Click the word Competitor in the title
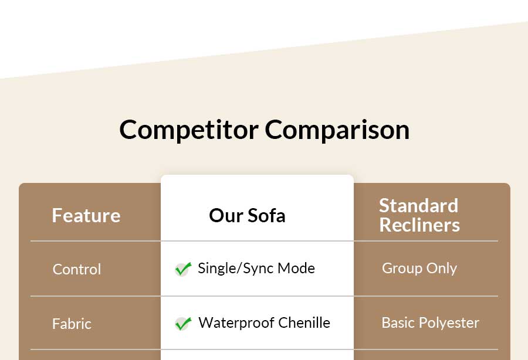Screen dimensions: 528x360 click(189, 130)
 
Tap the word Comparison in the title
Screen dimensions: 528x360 click(337, 130)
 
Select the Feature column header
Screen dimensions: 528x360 click(86, 215)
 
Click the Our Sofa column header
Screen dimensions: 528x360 click(247, 215)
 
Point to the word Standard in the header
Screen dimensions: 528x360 click(418, 205)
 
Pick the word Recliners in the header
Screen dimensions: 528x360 click(419, 225)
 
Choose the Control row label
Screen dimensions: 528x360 click(77, 269)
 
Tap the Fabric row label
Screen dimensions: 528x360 click(72, 324)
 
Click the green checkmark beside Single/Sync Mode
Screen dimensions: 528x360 click(183, 269)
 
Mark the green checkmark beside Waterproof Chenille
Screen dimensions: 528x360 click(183, 323)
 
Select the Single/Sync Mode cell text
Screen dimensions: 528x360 click(256, 269)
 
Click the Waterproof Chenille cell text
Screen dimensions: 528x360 click(265, 322)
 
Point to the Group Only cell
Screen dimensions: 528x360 click(419, 269)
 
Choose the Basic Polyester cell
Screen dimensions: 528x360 click(431, 323)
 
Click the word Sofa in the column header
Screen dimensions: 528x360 click(266, 215)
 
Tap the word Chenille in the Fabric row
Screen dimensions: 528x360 click(304, 322)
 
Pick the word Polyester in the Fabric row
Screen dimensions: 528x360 click(449, 323)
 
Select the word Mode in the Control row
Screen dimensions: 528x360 click(296, 269)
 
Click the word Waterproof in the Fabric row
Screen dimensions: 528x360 click(236, 323)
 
